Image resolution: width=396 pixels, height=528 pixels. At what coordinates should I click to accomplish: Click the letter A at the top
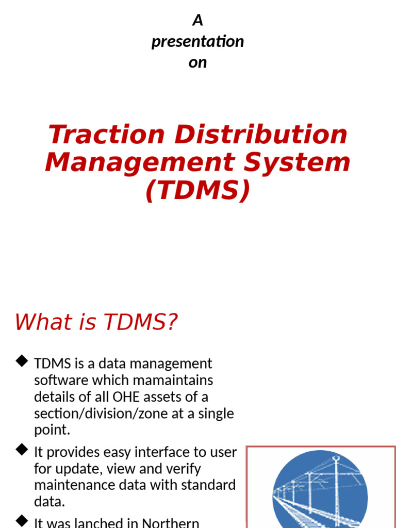197,21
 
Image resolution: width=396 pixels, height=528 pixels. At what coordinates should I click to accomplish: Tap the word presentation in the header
197,42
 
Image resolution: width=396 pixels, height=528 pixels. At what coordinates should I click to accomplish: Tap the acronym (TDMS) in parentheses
197,190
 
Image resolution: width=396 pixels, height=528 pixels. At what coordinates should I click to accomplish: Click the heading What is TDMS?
96,322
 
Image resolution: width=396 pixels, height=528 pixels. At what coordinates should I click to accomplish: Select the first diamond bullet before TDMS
22,361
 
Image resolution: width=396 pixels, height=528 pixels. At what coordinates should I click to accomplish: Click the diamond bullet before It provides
22,450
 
